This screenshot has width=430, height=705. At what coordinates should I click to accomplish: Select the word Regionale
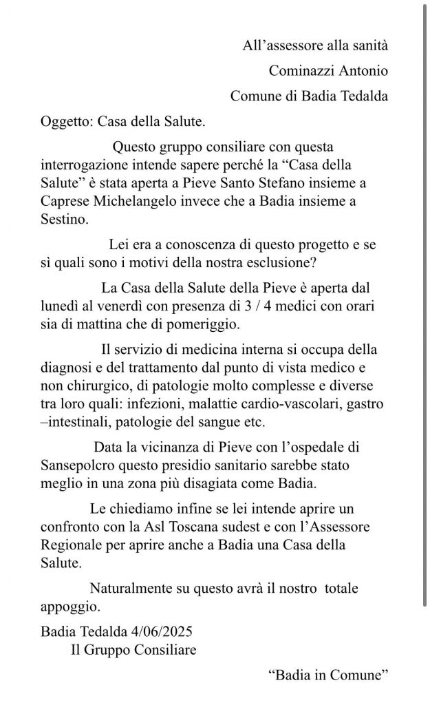tap(71, 544)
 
